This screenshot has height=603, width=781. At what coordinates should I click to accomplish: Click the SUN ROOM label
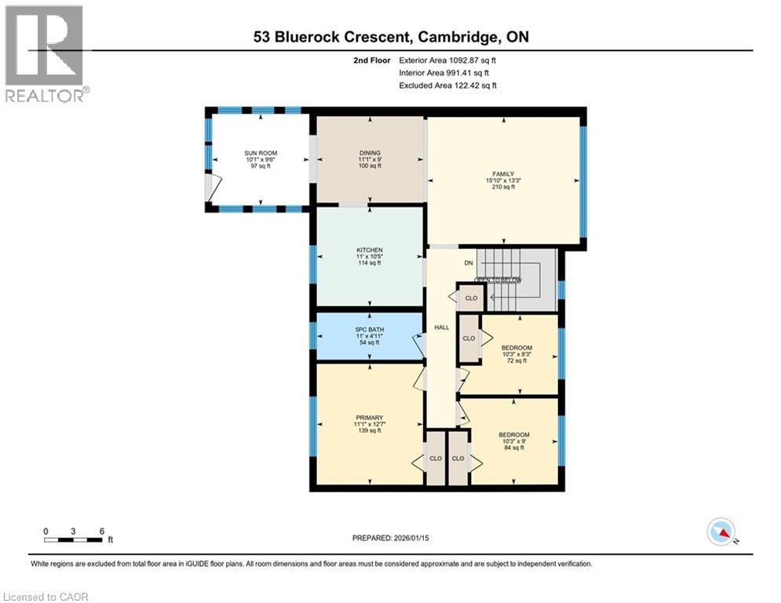pyautogui.click(x=260, y=153)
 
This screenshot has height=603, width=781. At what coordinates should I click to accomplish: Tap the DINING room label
pyautogui.click(x=370, y=153)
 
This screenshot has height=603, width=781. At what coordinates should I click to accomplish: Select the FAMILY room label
pyautogui.click(x=502, y=174)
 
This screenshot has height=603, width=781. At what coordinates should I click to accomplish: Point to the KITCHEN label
pyautogui.click(x=369, y=250)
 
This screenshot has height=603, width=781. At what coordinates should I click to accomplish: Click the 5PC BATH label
pyautogui.click(x=369, y=328)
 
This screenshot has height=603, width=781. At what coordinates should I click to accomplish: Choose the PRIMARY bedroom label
pyautogui.click(x=368, y=418)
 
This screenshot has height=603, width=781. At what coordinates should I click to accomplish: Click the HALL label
pyautogui.click(x=442, y=327)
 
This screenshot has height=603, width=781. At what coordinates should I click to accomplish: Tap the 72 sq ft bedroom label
pyautogui.click(x=517, y=348)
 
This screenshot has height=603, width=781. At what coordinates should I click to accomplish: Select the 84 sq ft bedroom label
pyautogui.click(x=513, y=435)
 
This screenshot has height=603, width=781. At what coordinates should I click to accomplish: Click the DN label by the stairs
pyautogui.click(x=469, y=263)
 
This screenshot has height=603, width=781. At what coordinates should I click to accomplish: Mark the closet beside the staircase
pyautogui.click(x=471, y=298)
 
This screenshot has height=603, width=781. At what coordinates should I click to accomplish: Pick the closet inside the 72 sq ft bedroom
pyautogui.click(x=469, y=338)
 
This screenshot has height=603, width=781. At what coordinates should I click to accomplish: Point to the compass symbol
pyautogui.click(x=721, y=533)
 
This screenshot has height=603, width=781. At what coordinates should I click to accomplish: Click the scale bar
pyautogui.click(x=74, y=539)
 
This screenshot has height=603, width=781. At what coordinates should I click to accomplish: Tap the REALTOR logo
pyautogui.click(x=45, y=53)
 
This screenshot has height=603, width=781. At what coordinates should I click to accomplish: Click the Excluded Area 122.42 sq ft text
pyautogui.click(x=448, y=86)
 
